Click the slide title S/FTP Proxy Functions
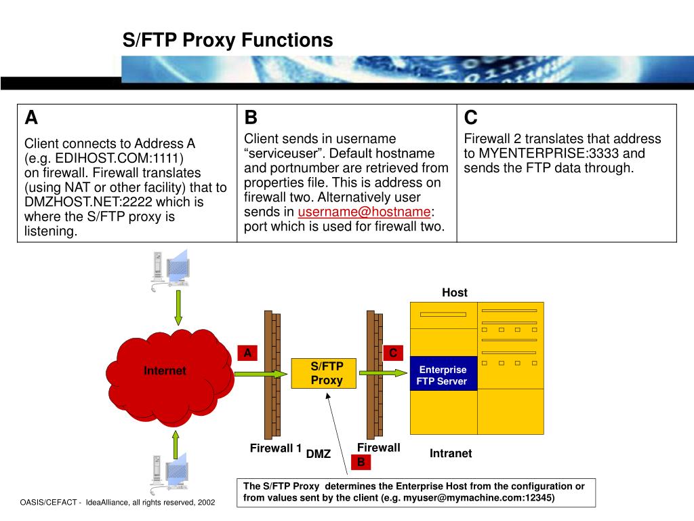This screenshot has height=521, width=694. (228, 40)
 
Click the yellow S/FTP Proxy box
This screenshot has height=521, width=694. (327, 373)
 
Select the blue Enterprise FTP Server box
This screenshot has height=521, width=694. (443, 375)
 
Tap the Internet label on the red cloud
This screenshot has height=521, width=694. (165, 370)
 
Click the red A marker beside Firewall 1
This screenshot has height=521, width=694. (248, 353)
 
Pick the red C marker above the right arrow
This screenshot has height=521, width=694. (393, 353)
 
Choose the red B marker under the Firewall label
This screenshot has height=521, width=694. (361, 462)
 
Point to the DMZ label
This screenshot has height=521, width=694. (318, 454)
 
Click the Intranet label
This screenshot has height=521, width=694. (450, 453)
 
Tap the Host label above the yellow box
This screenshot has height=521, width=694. (455, 292)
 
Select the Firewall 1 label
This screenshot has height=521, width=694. (275, 448)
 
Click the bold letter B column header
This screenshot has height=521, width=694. (251, 118)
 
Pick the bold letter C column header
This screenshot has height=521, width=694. (470, 118)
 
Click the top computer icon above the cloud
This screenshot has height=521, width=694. (168, 269)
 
